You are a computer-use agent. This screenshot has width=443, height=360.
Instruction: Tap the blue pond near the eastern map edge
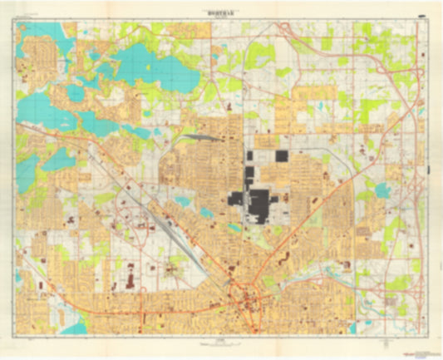[381, 190]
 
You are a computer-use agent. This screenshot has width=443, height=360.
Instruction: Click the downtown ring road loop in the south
[246, 300]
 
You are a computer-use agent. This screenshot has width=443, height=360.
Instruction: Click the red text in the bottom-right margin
[411, 346]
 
